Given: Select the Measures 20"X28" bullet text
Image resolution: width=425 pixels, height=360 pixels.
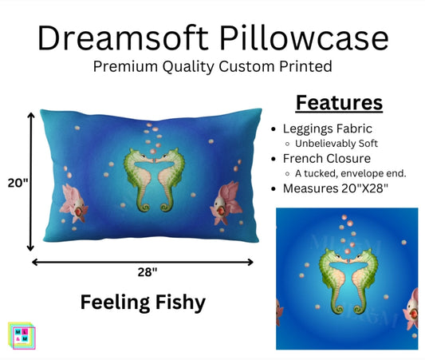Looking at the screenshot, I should pos(337,190).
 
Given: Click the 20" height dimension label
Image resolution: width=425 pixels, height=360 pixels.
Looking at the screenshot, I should pos(16,182).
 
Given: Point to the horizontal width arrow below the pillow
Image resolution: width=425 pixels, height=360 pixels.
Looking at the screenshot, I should pos(144,261).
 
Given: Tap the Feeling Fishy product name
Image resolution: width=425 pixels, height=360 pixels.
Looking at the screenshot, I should pos(144,303).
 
